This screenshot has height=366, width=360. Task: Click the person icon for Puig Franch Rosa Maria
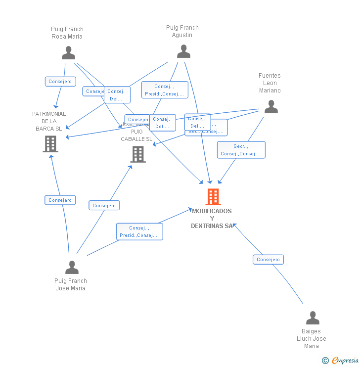click(x=68, y=52)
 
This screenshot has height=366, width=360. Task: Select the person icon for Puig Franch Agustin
click(x=183, y=51)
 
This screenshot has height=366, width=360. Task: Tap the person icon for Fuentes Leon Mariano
click(x=270, y=106)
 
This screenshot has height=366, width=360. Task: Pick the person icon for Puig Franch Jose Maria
click(x=72, y=267)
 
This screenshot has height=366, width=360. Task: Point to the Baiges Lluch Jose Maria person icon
click(x=313, y=318)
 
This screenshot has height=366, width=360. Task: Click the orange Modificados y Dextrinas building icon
click(x=213, y=197)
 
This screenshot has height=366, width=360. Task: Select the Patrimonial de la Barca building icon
click(x=50, y=144)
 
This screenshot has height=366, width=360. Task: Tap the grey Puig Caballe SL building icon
click(x=137, y=154)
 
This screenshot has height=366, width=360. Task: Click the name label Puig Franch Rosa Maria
click(x=67, y=33)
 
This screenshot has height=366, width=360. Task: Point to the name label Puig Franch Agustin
click(x=182, y=31)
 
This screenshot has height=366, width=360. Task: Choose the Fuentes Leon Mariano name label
click(x=270, y=83)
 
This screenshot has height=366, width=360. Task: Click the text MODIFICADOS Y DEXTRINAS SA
click(x=212, y=218)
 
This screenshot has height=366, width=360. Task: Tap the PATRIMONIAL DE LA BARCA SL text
click(x=49, y=121)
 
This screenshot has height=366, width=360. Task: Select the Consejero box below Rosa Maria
click(x=60, y=82)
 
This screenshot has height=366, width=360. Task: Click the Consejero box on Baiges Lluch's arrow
click(x=268, y=260)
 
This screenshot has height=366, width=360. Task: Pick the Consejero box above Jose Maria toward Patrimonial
click(x=60, y=200)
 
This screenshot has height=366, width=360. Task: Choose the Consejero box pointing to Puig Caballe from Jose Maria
click(x=104, y=205)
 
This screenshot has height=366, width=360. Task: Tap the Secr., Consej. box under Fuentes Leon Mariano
click(x=241, y=150)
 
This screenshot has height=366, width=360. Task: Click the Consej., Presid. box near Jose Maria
click(x=139, y=231)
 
